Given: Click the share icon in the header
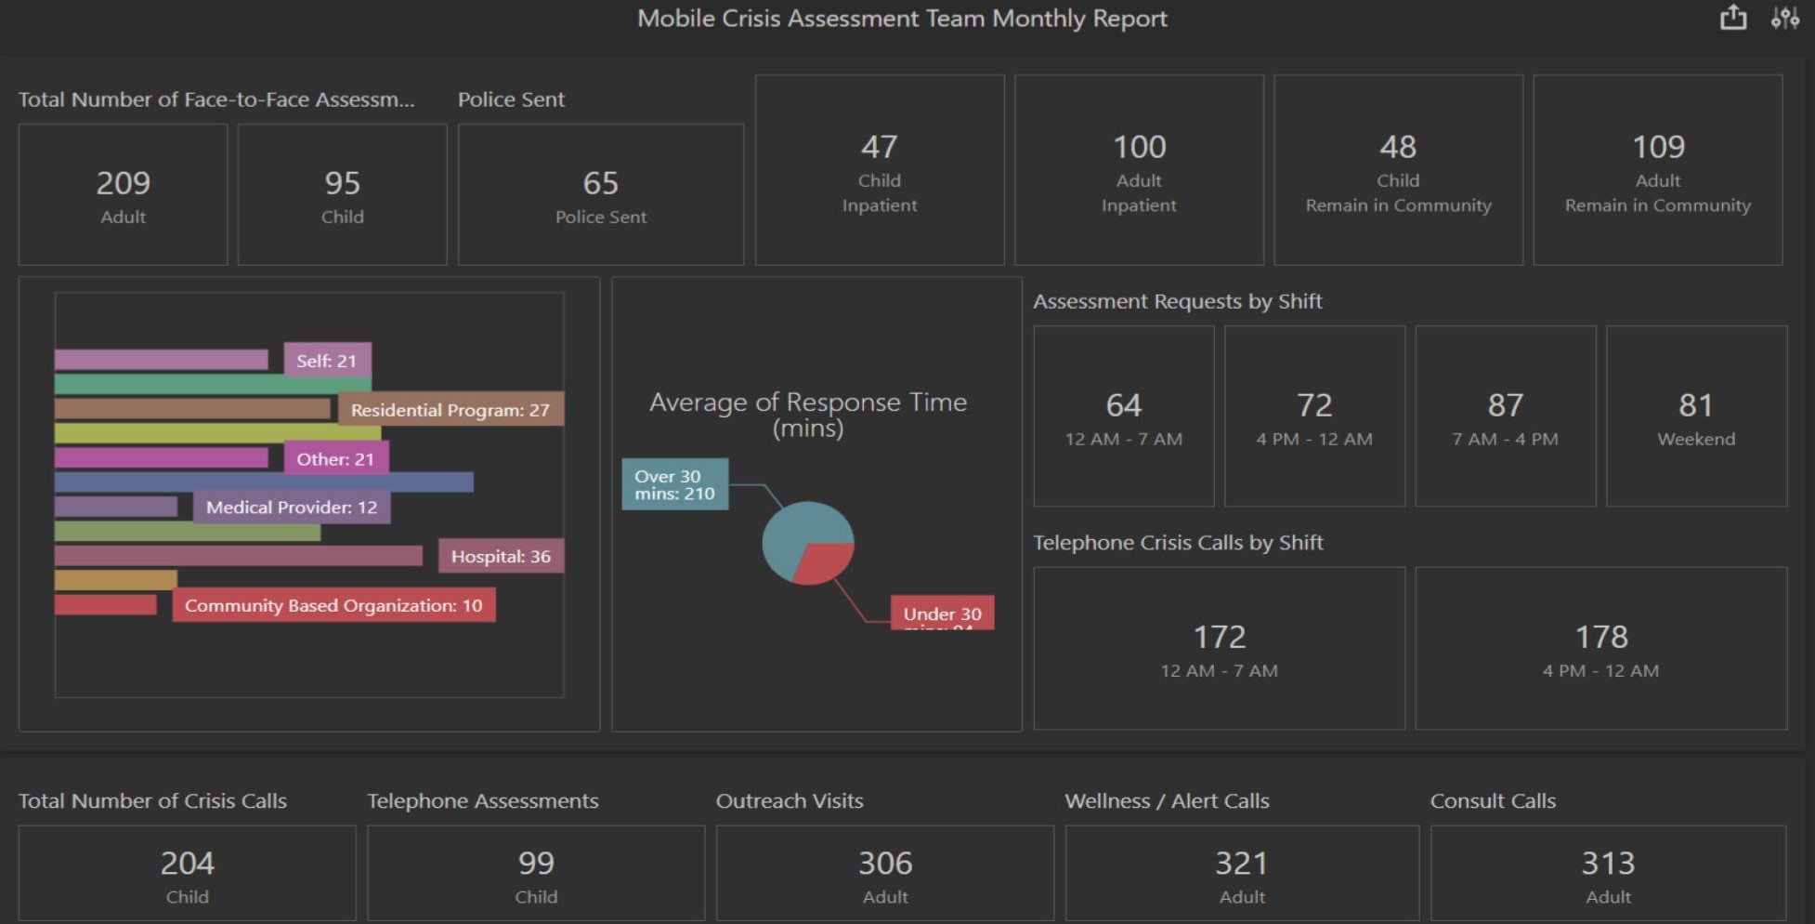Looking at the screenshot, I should (x=1732, y=18).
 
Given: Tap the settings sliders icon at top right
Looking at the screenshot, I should (x=1784, y=18).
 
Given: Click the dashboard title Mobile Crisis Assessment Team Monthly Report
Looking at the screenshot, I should (x=902, y=19).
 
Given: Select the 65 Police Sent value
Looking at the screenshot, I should (x=600, y=183).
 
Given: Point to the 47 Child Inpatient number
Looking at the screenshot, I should (x=879, y=147).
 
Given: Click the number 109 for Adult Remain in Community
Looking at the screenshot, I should (x=1658, y=147).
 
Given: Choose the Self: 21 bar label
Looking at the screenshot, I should (x=327, y=361).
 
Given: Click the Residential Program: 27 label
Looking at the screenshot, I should (x=450, y=410).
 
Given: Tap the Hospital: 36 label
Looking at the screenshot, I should (x=501, y=556).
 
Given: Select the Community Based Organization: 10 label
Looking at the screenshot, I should (x=333, y=605).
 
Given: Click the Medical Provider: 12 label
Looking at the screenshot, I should (x=292, y=508).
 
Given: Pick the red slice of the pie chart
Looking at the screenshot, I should (x=824, y=561).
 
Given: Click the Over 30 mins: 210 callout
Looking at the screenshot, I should (x=674, y=484).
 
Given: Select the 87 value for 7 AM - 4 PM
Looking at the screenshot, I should (x=1505, y=405).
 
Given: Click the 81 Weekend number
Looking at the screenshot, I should (x=1696, y=405).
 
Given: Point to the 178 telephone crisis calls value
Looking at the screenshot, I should (x=1601, y=637).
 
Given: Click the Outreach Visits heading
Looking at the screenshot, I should (x=790, y=800).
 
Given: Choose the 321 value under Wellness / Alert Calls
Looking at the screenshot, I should (x=1241, y=864).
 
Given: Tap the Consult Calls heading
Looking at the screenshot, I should (x=1493, y=800).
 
